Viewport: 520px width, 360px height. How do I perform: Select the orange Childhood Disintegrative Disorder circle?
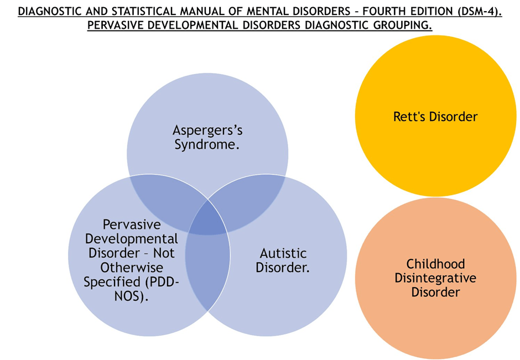tap(435, 310)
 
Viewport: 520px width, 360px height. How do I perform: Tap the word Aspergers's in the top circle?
tap(207, 131)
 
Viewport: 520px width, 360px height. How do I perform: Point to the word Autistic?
tap(283, 253)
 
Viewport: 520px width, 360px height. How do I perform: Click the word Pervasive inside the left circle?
tap(132, 225)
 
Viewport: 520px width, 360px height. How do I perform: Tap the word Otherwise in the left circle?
tap(132, 268)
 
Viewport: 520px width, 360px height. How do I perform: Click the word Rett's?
tap(410, 117)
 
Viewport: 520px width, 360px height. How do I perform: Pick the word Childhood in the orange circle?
tap(435, 264)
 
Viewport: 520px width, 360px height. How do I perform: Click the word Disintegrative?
tap(435, 278)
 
